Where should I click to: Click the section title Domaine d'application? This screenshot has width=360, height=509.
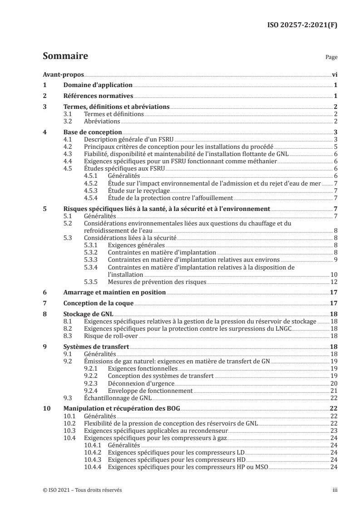(x=98, y=85)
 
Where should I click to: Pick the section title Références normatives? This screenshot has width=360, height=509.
(x=98, y=96)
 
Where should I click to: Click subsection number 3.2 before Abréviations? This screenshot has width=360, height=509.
(x=68, y=122)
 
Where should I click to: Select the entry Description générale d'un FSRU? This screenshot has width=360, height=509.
(x=129, y=139)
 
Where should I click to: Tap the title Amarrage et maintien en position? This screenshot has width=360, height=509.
(x=114, y=292)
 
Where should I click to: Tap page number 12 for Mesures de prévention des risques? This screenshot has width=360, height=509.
(x=333, y=282)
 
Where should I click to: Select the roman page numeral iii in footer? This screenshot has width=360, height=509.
(x=335, y=490)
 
